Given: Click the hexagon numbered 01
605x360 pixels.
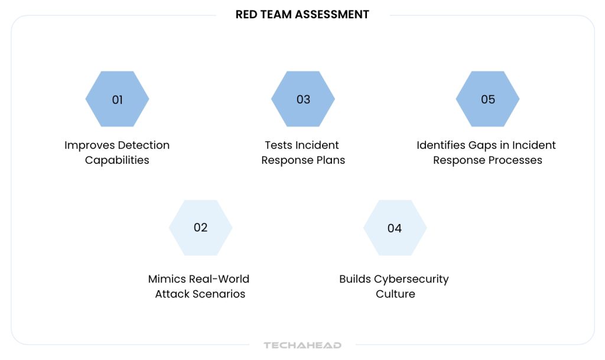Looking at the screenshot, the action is [x=118, y=99].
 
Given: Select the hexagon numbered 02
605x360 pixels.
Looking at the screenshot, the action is [x=201, y=228].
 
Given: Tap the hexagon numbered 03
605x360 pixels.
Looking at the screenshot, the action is [x=303, y=99].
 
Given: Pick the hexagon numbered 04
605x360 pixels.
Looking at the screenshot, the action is [x=395, y=228].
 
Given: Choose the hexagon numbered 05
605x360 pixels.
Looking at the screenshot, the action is [x=487, y=99].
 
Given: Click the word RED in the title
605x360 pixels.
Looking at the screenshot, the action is [x=246, y=15].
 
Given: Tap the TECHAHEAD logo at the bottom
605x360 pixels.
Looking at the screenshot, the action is [x=302, y=345].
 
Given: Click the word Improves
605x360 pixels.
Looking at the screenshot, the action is [x=90, y=145].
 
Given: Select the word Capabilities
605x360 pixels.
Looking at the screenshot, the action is [x=117, y=160].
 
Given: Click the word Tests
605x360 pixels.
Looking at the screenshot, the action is [x=278, y=145].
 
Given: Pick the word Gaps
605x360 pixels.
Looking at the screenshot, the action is [x=483, y=145].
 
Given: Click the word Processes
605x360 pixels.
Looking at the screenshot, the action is [x=515, y=160].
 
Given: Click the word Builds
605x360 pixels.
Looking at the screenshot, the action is [x=355, y=279].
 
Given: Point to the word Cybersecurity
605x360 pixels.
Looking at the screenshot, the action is [x=411, y=280].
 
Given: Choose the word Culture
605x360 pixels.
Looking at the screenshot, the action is [x=395, y=294].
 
